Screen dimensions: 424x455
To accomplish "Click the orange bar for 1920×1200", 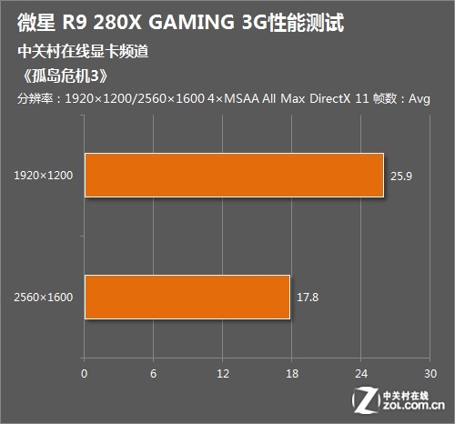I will tap(234, 175).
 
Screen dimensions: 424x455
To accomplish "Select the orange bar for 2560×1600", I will tap(187, 297).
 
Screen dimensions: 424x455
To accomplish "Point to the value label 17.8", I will tap(308, 297).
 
